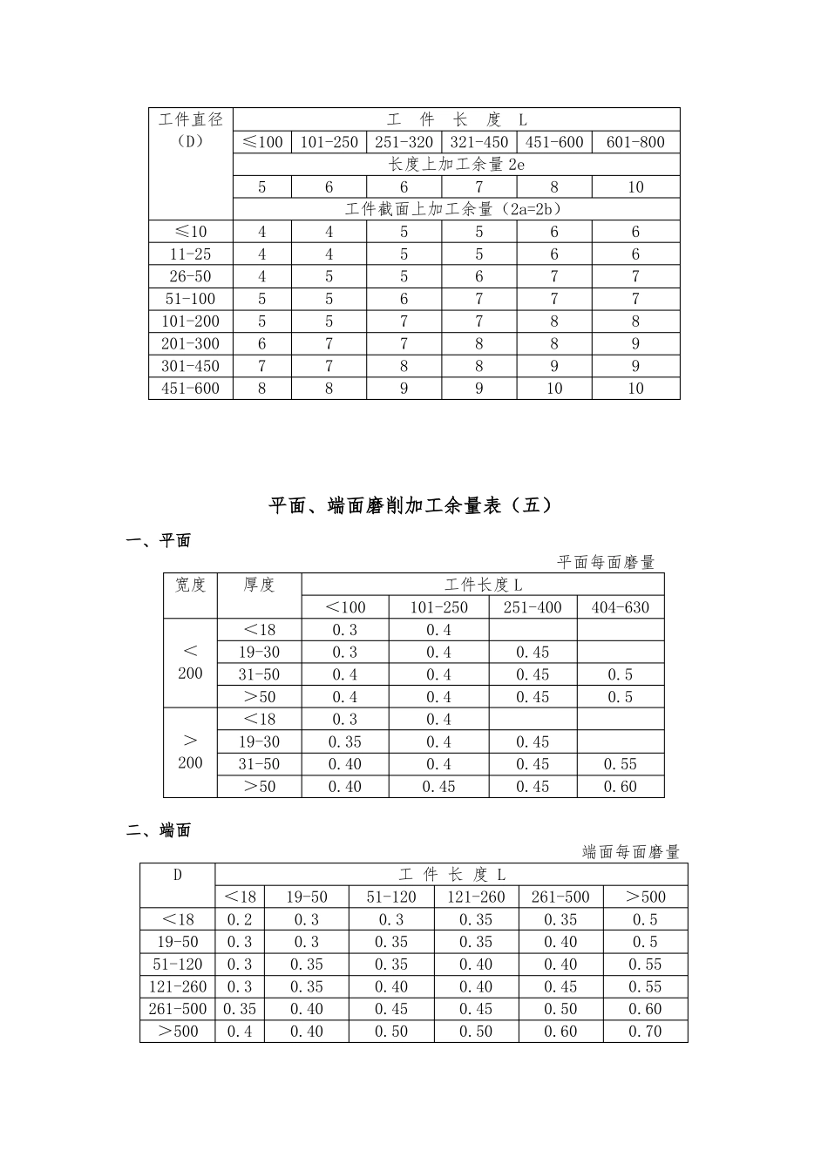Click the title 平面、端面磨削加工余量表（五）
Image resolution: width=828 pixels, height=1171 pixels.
point(411,505)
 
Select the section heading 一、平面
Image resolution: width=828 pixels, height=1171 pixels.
point(159,541)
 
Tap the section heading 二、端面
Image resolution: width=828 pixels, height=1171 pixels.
point(159,831)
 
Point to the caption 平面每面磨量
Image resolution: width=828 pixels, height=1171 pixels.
point(606,563)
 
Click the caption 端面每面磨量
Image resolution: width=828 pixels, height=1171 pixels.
point(630,853)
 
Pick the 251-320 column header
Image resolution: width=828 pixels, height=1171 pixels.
point(404,142)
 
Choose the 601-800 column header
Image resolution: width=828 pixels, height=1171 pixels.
point(635,142)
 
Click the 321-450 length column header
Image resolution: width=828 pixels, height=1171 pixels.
point(478,142)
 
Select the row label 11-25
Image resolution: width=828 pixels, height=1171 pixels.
point(191,254)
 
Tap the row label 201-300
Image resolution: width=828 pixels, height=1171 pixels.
point(191,344)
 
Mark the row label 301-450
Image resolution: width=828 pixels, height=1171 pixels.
point(191,366)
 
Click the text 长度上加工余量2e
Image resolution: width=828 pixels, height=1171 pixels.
point(457,165)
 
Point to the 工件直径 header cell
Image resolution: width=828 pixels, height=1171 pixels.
point(191,119)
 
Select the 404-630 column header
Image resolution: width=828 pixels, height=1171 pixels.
point(621,607)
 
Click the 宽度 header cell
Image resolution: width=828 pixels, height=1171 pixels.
point(190,585)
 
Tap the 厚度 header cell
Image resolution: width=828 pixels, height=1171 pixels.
point(259,585)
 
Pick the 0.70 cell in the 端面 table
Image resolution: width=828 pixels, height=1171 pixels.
point(645,1032)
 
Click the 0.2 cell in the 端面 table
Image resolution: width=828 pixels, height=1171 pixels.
point(239,919)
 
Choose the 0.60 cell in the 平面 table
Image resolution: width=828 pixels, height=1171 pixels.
point(621,787)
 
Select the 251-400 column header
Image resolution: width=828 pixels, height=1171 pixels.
point(533,607)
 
